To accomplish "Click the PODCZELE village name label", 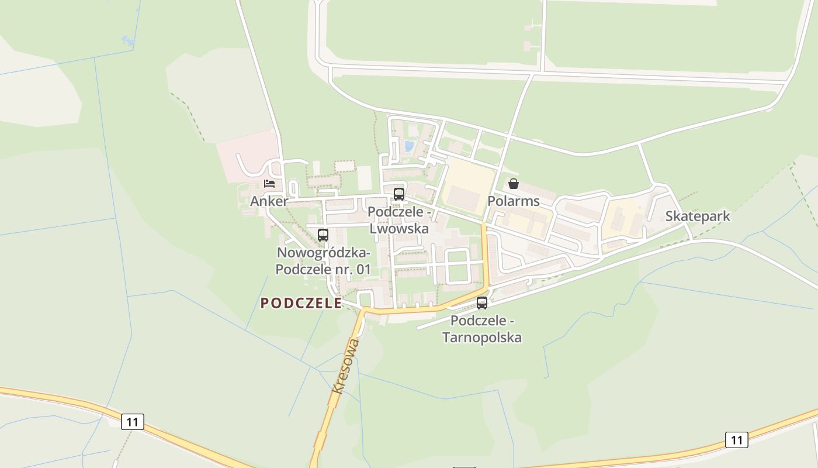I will click(301, 303).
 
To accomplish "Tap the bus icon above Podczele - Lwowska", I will click(399, 194).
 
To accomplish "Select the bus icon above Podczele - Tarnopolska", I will click(482, 303).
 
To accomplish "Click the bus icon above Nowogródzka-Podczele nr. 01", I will click(323, 235).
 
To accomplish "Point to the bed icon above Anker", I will click(269, 184).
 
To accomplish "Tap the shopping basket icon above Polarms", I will click(514, 184).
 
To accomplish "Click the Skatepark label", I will click(698, 216).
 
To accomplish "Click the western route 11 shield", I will click(133, 422).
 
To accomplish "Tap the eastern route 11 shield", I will click(736, 440).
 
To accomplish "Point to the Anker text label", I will click(269, 202).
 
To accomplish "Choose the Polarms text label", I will click(514, 201).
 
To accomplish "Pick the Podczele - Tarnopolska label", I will click(482, 329).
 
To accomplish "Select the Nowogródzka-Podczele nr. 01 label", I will click(323, 261).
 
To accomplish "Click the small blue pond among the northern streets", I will click(409, 146).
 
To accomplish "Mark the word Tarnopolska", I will click(482, 338).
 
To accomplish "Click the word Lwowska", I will click(399, 229).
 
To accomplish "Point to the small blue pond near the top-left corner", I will click(127, 40).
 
